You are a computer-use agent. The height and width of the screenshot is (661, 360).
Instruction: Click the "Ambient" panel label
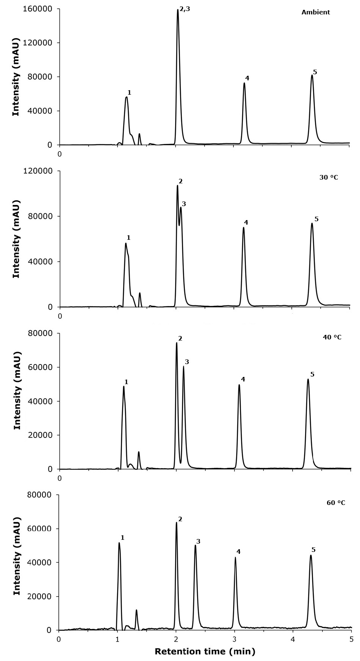pyautogui.click(x=316, y=12)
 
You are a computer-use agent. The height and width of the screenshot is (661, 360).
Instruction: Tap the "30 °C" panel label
pyautogui.click(x=329, y=177)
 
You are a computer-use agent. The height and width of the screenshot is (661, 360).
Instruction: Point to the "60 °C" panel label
pyautogui.click(x=336, y=503)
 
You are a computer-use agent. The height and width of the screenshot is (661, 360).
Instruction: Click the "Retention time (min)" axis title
pyautogui.click(x=205, y=652)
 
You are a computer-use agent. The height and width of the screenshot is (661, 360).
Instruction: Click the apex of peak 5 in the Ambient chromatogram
pyautogui.click(x=312, y=75)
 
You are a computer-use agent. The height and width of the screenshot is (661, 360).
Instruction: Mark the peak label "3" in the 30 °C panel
pyautogui.click(x=184, y=204)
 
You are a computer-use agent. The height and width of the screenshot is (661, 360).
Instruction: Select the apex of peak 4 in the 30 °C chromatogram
pyautogui.click(x=243, y=227)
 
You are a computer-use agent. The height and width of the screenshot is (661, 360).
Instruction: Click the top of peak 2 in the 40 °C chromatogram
pyautogui.click(x=177, y=343)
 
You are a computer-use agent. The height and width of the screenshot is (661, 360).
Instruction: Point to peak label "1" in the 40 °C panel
pyautogui.click(x=126, y=382)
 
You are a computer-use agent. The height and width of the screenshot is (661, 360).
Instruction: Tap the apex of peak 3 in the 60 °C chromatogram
pyautogui.click(x=195, y=545)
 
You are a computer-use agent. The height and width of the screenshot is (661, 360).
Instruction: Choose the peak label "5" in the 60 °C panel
pyautogui.click(x=313, y=550)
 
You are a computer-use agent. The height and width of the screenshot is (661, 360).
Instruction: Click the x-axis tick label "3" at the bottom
pyautogui.click(x=235, y=639)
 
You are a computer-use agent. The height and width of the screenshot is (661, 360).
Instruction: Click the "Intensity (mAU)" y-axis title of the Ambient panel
pyautogui.click(x=16, y=77)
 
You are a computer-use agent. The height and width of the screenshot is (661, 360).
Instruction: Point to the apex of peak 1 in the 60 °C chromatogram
pyautogui.click(x=119, y=543)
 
